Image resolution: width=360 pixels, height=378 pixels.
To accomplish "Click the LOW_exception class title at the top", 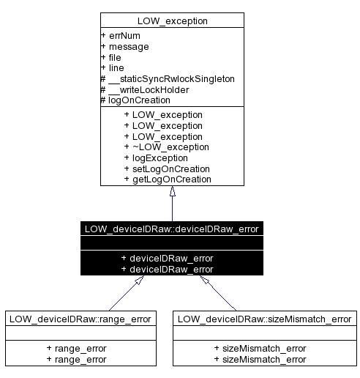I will click(x=172, y=21).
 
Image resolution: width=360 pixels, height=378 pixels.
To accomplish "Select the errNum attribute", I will click(x=120, y=35).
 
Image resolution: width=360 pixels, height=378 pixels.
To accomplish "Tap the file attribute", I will click(x=114, y=57).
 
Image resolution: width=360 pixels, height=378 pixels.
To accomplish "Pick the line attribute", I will click(x=114, y=67).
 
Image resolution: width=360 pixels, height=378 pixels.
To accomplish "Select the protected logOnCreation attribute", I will click(x=139, y=100).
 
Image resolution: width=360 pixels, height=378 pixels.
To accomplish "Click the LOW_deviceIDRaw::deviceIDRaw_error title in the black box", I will click(x=172, y=228).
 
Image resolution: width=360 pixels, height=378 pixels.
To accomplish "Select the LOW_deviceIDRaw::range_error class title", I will click(x=80, y=318).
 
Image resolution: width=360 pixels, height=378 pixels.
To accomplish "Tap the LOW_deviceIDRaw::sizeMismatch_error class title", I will click(x=265, y=318).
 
